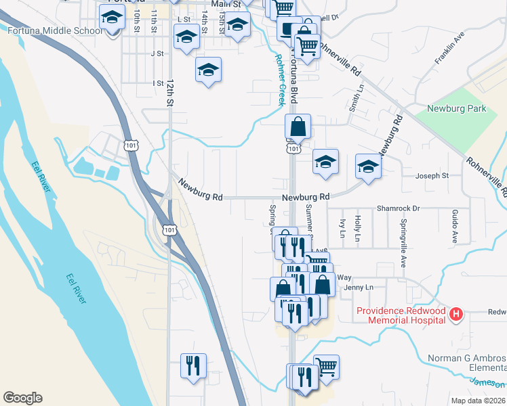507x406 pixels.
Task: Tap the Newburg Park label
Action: point(457,108)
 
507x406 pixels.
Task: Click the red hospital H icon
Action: point(457,315)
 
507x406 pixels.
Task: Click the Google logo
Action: point(22,398)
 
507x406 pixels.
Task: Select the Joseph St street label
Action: point(432,176)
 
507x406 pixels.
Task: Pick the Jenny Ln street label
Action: point(359,288)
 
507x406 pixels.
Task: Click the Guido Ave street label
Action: point(454,227)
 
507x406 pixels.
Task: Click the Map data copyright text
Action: point(478,401)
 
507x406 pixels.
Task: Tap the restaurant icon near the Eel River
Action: point(193,366)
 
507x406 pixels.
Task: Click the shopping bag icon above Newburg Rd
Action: point(298,127)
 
